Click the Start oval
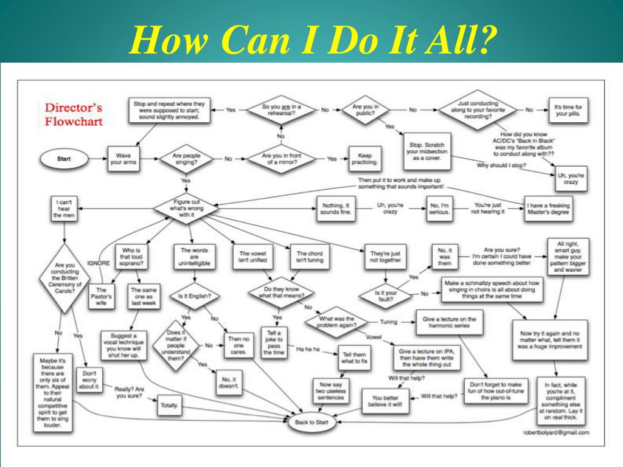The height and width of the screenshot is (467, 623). tap(64, 159)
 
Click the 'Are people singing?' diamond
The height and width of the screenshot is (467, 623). tap(186, 159)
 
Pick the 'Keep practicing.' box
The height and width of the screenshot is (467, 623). tap(365, 159)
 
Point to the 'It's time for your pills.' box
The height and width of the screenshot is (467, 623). tap(568, 109)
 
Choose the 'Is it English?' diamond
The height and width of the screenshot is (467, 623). tap(194, 296)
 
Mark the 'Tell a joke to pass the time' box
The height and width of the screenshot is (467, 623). tap(273, 342)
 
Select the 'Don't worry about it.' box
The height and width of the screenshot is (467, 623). tap(89, 380)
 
